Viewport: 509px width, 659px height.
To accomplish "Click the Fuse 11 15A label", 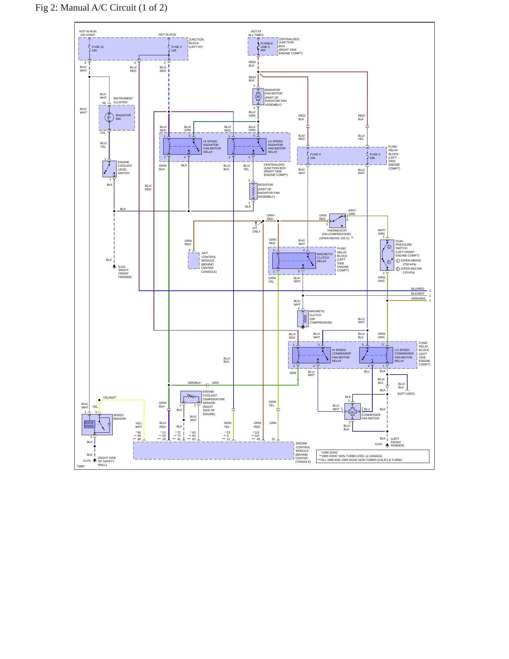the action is click(x=98, y=49).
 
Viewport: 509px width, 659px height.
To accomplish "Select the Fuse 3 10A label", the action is click(x=176, y=49).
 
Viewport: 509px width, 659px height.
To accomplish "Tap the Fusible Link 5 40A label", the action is click(x=267, y=47).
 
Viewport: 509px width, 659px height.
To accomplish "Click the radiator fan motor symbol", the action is click(x=258, y=97).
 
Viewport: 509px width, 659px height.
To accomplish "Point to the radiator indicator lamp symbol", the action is click(x=109, y=117).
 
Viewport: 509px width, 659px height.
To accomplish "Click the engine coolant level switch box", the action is click(x=109, y=169).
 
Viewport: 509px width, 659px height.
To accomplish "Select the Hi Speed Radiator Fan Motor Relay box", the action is click(x=182, y=147).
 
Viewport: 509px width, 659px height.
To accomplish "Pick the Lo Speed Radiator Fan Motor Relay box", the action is click(x=247, y=147).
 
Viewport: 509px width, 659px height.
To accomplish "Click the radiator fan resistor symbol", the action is click(x=253, y=191).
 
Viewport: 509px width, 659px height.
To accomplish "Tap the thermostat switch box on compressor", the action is click(x=337, y=221).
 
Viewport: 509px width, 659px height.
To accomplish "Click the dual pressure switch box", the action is click(x=387, y=255).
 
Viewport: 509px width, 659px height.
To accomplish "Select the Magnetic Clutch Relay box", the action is click(x=294, y=261).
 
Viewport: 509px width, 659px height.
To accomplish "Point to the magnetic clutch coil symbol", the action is click(x=303, y=319).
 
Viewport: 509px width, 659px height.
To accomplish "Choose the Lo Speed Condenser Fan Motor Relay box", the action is click(x=376, y=355).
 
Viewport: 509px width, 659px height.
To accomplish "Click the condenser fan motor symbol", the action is click(x=353, y=412).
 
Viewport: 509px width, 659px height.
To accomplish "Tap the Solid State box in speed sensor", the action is click(x=89, y=424).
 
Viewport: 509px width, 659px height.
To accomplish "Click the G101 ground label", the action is click(x=122, y=267).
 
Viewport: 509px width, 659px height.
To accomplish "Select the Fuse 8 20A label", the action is click(x=375, y=156).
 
